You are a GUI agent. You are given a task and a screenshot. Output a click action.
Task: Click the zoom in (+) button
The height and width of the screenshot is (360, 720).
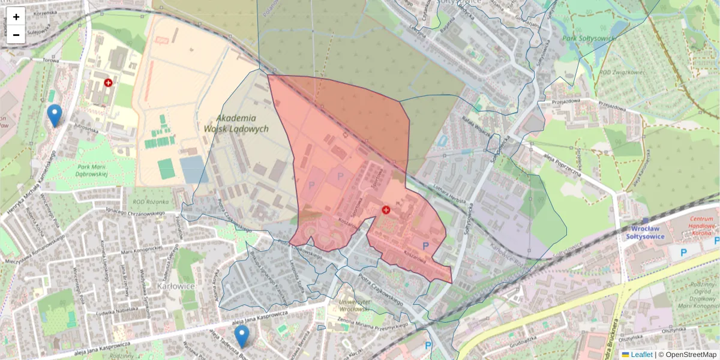tap(16, 17)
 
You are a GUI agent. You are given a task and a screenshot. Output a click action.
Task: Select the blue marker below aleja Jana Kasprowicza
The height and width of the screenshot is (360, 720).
tap(242, 336)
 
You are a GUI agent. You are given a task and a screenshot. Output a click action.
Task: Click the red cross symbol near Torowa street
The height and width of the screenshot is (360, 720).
tap(108, 83)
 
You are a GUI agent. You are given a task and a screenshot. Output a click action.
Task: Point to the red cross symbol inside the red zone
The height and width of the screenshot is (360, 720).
tap(386, 209)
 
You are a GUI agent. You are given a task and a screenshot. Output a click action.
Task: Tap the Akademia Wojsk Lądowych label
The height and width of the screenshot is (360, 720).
tap(236, 123)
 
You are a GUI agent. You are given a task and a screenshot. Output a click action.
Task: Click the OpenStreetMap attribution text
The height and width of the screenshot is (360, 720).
tap(690, 355)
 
